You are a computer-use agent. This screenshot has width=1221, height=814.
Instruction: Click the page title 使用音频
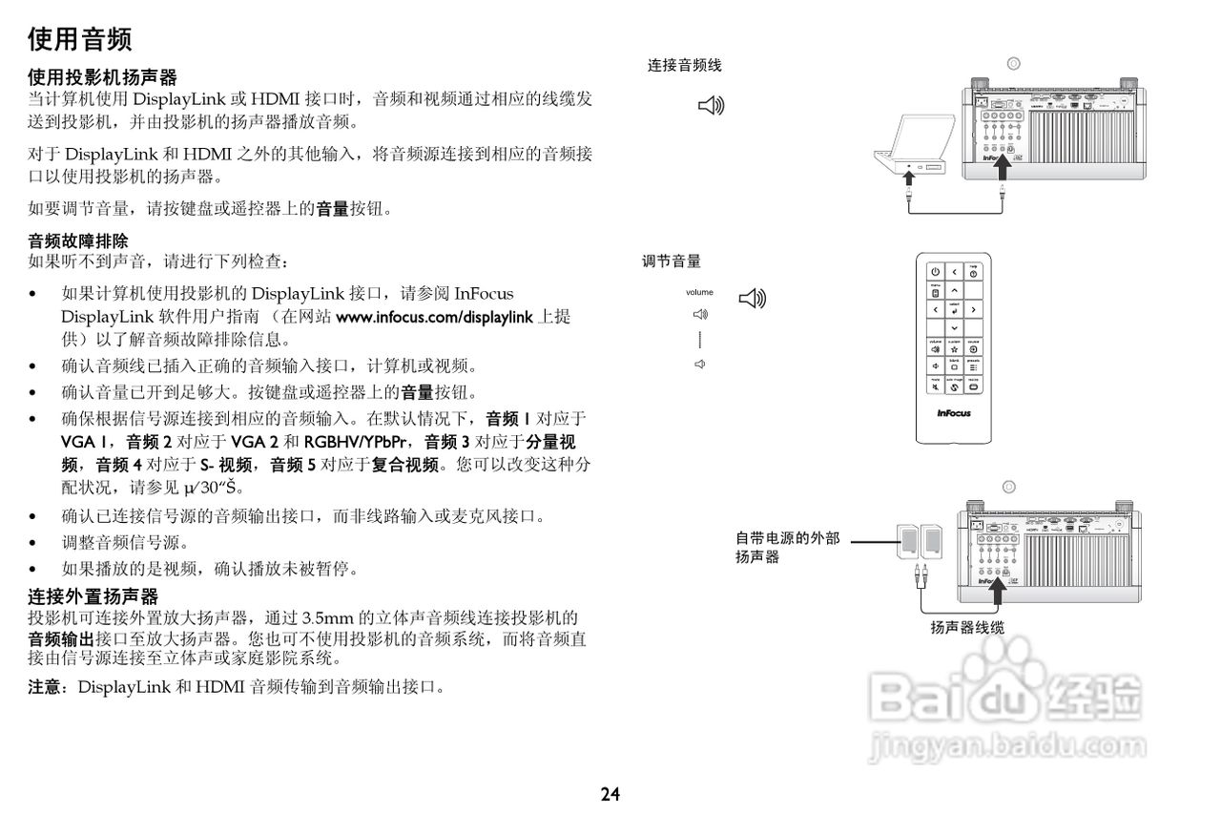click(x=79, y=39)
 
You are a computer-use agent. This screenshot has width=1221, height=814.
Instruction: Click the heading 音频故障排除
click(x=78, y=240)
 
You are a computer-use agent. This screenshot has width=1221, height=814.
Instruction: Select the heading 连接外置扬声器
click(x=93, y=597)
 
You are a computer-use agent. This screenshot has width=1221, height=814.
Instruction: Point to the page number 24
click(x=610, y=794)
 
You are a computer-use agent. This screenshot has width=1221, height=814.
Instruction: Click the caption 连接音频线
click(x=685, y=66)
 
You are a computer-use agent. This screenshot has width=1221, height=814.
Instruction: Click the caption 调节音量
click(x=672, y=261)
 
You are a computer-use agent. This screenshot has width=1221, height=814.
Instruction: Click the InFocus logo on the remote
click(x=954, y=414)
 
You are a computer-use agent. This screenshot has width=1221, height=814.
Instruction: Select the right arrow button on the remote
click(x=973, y=309)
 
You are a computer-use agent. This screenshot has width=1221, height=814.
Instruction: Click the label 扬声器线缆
click(x=967, y=628)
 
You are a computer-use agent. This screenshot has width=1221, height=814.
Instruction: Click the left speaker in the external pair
click(x=907, y=543)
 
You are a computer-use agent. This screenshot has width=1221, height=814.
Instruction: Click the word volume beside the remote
click(x=698, y=292)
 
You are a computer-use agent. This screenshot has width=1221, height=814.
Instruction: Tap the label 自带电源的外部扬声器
click(x=787, y=547)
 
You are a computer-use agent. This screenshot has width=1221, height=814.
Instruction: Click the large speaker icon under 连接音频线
click(x=712, y=105)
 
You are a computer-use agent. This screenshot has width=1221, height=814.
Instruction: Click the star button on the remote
click(x=954, y=349)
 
